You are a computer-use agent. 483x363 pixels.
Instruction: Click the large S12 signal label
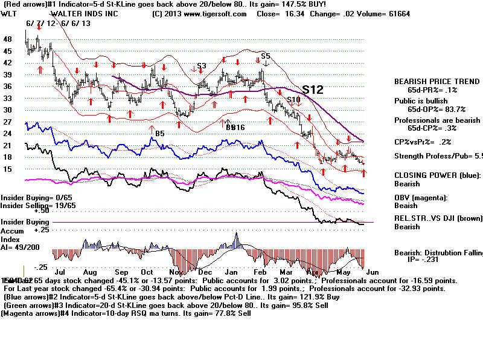pos(313,90)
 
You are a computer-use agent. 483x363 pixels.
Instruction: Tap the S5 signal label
pos(265,56)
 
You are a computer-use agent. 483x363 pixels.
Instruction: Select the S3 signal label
pos(201,65)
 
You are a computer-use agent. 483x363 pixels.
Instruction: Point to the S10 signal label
pos(293,99)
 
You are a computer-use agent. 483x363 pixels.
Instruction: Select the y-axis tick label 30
pos(8,110)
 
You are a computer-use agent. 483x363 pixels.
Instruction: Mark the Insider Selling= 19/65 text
pos(30,206)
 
